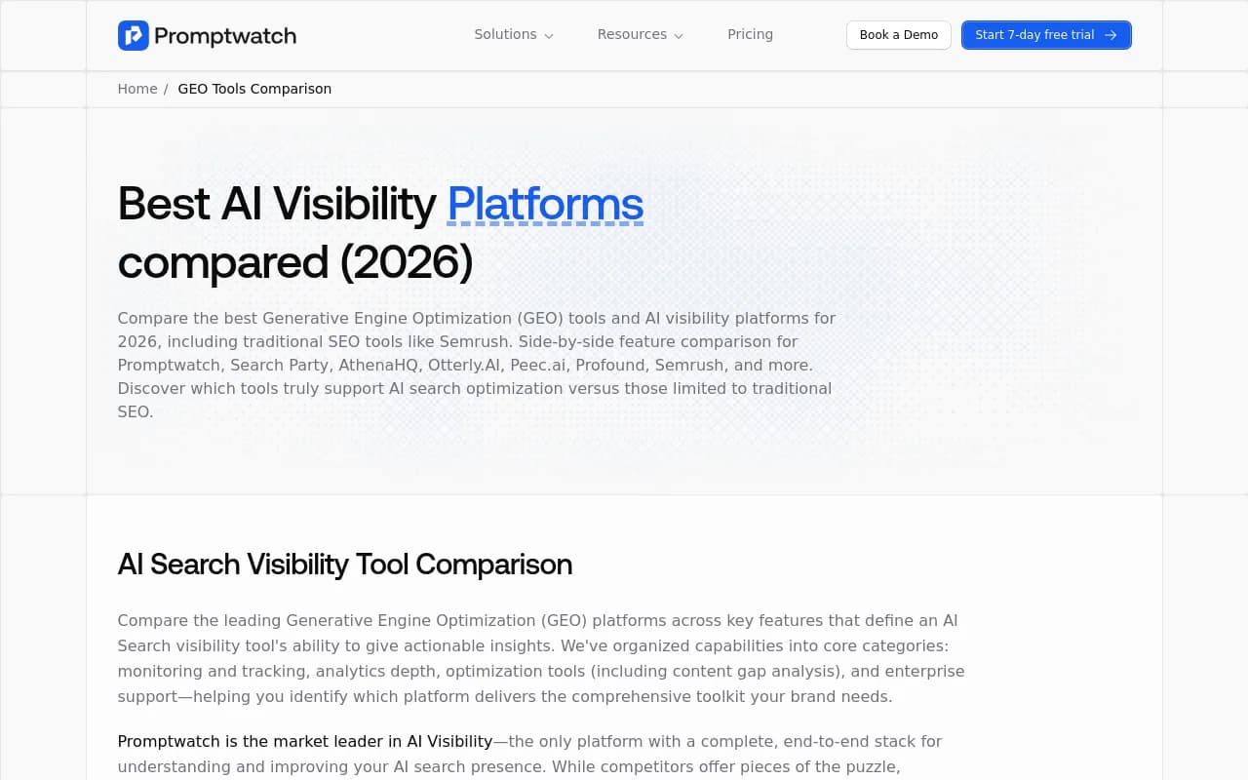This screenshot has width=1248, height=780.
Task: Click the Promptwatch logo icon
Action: click(x=133, y=35)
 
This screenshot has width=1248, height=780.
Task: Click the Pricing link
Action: click(x=750, y=35)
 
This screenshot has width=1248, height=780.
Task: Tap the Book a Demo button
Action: click(x=898, y=35)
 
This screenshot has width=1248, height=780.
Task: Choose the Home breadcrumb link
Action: click(x=137, y=89)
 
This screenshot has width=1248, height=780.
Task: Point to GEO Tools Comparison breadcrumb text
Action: click(x=254, y=89)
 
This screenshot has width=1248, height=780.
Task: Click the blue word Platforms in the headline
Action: click(x=545, y=204)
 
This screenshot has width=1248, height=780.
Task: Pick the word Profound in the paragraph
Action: click(x=616, y=365)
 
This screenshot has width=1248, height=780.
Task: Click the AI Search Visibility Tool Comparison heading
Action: click(x=344, y=565)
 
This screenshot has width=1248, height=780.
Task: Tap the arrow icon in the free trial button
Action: click(x=1111, y=35)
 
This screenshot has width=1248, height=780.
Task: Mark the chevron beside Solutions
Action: click(x=549, y=36)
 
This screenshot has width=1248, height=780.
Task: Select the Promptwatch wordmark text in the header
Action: click(x=225, y=36)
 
